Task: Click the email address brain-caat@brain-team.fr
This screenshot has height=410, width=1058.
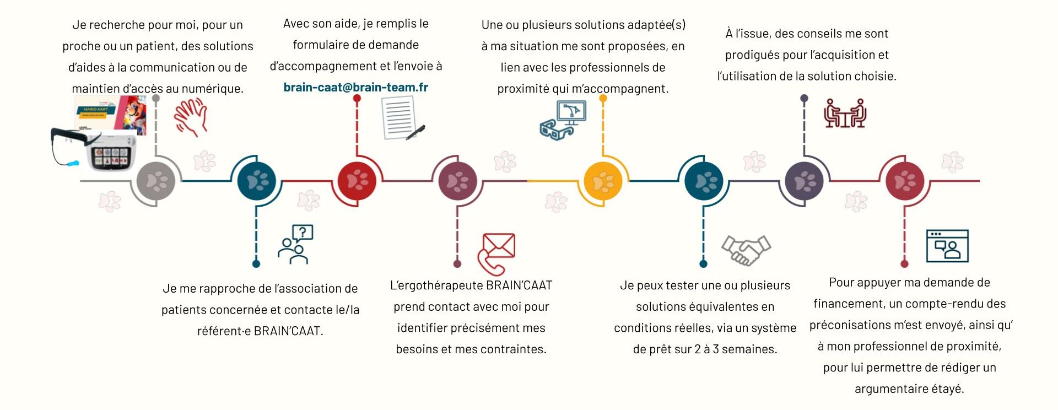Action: pos(355,87)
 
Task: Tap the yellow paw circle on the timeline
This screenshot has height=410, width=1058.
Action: pos(603,181)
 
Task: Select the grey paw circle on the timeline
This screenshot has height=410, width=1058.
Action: pos(156,181)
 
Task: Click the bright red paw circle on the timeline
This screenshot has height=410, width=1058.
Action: pos(357,181)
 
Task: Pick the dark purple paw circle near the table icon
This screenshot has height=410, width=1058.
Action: pos(804,181)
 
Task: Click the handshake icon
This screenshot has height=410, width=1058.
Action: pos(746,250)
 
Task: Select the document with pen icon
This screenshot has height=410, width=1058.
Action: pos(402,118)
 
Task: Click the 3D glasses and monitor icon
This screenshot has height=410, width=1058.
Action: pos(563,120)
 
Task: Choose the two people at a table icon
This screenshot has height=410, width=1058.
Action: pos(844,114)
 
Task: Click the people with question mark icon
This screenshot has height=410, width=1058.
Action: pos(296,244)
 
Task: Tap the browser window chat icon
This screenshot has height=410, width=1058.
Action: pos(947,246)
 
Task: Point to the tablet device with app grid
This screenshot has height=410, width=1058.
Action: pos(112,152)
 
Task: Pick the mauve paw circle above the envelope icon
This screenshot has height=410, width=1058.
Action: pos(457,181)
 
